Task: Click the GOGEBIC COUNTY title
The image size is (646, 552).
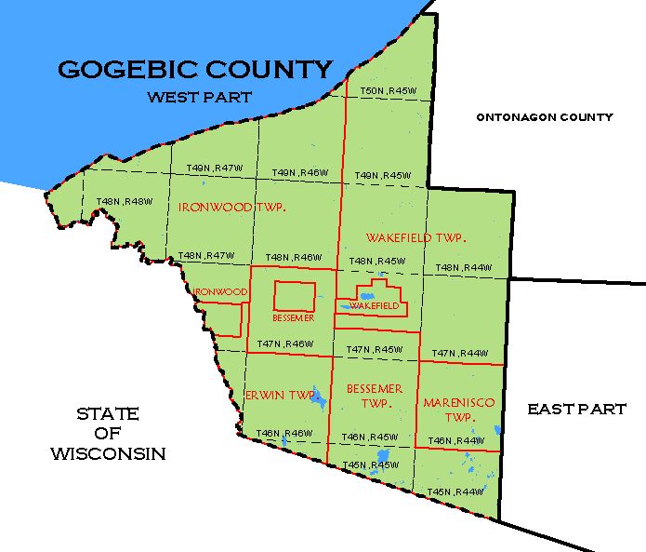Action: coord(194,70)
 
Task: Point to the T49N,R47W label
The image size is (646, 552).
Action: coord(215,168)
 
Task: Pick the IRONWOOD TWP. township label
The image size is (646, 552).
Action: coord(231,207)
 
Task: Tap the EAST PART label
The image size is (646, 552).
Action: coord(576,409)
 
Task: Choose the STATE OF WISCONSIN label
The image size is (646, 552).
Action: coord(108,434)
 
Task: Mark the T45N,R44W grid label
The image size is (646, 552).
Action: coord(455,491)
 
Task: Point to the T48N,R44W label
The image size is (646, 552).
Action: coord(462,268)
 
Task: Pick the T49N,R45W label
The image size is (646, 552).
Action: coord(383,175)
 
